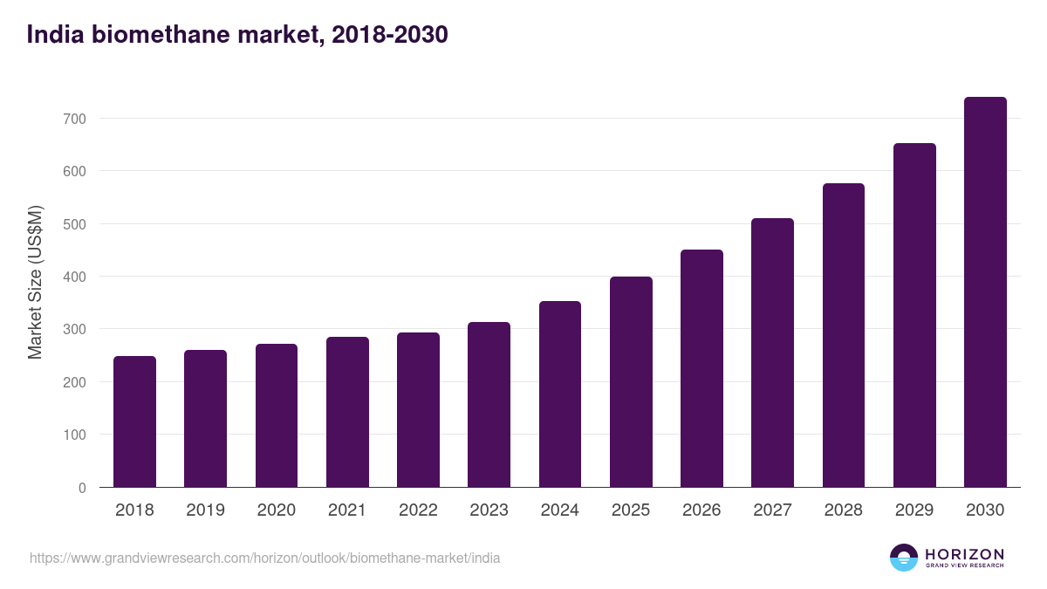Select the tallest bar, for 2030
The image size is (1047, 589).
click(985, 292)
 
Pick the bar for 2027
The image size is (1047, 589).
click(772, 353)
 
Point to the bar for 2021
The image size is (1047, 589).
click(347, 412)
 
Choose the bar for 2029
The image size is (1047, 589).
click(914, 315)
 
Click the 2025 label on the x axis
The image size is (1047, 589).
click(631, 510)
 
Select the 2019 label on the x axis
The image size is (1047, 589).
click(205, 510)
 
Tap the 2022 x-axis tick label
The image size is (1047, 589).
click(418, 510)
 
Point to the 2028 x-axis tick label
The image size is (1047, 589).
click(844, 510)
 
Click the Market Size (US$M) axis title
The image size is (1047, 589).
click(35, 282)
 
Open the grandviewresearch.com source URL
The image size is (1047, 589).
click(265, 558)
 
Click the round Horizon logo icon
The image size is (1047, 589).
click(904, 558)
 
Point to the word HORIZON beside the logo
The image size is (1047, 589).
click(964, 553)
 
